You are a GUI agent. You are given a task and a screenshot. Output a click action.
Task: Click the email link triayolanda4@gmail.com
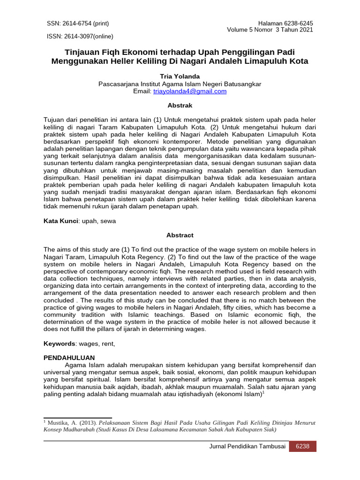tap(190, 91)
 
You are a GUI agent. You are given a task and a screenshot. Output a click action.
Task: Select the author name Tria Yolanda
tap(180, 76)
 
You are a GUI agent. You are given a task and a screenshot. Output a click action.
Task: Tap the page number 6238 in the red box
tap(302, 446)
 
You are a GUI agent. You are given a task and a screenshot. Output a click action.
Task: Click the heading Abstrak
tap(180, 106)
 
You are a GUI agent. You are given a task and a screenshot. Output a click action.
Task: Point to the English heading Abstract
tap(180, 235)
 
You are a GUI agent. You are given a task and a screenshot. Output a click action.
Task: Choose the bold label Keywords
tap(60, 344)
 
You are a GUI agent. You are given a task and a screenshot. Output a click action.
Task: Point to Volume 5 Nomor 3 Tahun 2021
tap(270, 30)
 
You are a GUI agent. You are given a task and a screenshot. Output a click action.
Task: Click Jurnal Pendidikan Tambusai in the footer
tap(247, 446)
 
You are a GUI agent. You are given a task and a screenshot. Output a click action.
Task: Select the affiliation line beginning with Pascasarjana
tap(180, 84)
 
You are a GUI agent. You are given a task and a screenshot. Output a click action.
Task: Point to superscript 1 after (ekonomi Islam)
tap(263, 392)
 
